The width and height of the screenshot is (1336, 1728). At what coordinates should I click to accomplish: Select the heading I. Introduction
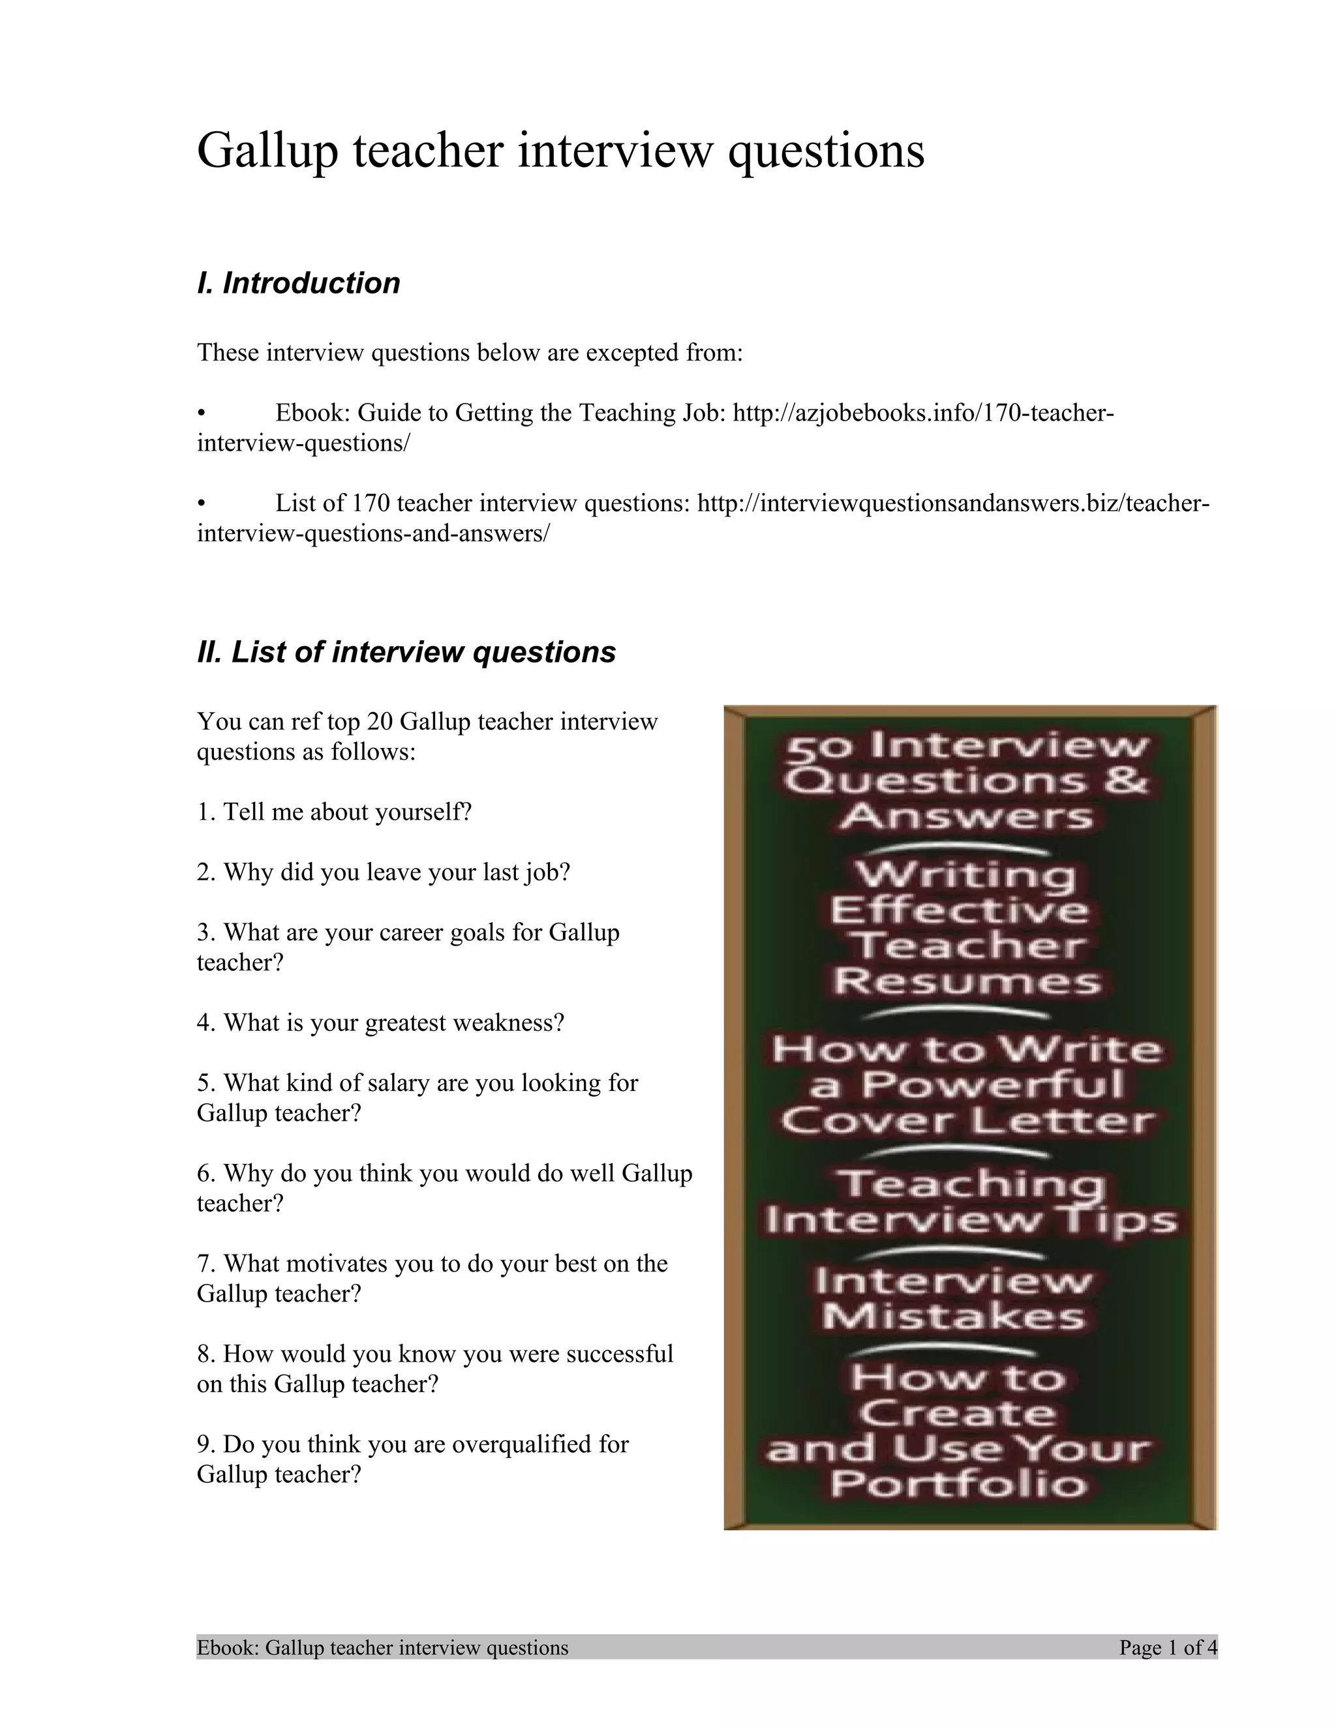tap(298, 283)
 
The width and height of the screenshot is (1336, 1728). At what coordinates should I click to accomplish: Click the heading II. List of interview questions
tap(406, 652)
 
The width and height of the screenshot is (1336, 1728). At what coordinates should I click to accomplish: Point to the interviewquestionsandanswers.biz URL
tap(953, 503)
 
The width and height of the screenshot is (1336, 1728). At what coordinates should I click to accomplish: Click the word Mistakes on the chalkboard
tap(953, 1316)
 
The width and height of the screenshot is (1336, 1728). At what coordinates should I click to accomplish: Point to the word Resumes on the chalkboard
tap(966, 982)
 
